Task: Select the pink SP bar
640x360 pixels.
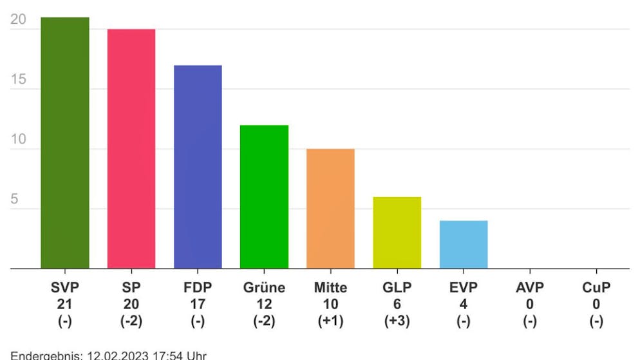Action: (131, 149)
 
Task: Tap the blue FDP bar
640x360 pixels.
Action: (198, 167)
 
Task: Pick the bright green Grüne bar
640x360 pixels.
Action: (264, 196)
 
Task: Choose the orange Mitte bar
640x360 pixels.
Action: (330, 209)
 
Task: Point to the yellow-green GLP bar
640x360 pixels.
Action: (397, 232)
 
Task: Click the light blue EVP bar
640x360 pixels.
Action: (463, 245)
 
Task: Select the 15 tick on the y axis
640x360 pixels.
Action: (19, 80)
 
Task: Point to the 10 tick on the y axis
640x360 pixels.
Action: (19, 140)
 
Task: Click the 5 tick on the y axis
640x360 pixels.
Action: (14, 200)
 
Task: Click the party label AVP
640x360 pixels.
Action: (529, 288)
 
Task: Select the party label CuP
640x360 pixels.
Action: (596, 288)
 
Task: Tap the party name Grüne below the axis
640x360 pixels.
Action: (264, 288)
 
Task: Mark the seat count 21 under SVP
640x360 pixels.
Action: (65, 305)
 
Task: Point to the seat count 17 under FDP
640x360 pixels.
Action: (198, 305)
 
